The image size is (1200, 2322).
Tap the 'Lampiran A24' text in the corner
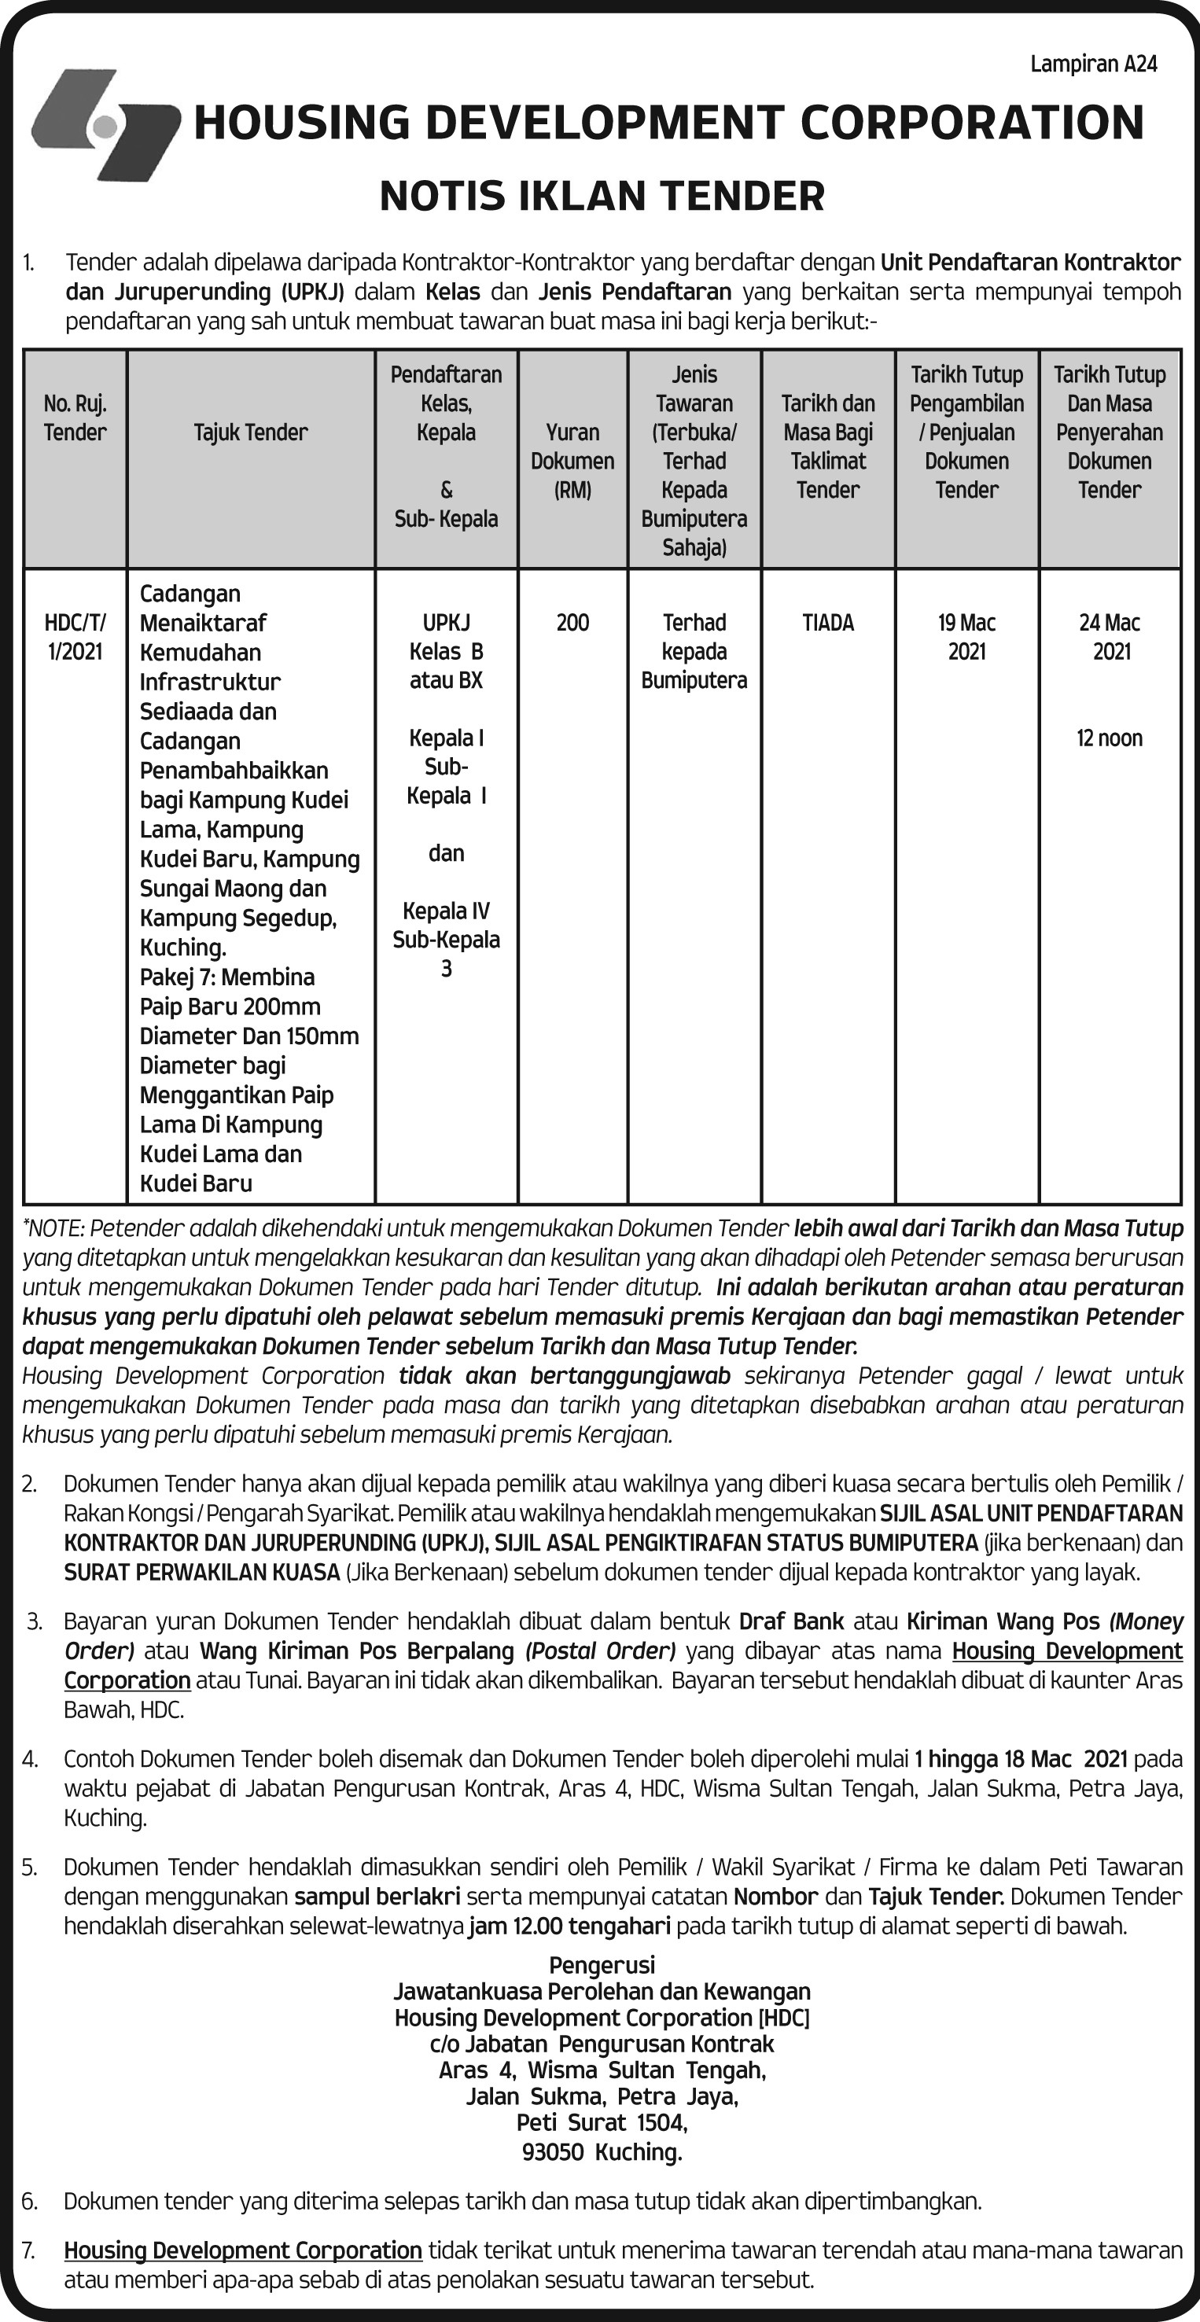[x=1093, y=64]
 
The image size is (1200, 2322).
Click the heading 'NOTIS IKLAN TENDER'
[x=602, y=197]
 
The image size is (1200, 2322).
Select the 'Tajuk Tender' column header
[x=251, y=432]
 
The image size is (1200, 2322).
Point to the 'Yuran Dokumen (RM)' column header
[x=572, y=461]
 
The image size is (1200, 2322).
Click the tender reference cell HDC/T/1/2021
[x=75, y=637]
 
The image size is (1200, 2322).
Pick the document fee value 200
[x=572, y=623]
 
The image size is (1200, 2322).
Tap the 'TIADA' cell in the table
[x=827, y=623]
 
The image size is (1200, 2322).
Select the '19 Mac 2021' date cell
[x=966, y=637]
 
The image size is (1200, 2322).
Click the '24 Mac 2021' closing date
[x=1110, y=637]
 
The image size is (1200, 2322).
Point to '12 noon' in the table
[x=1110, y=738]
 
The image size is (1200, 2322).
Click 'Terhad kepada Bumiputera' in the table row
[x=694, y=652]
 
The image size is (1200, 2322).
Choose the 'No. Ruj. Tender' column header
[x=75, y=418]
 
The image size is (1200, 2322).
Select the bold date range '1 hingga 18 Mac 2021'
[x=1021, y=1759]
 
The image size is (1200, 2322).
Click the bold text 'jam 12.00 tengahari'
[x=570, y=1926]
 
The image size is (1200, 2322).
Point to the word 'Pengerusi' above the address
[x=602, y=1965]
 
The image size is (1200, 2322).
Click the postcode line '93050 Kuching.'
[x=602, y=2151]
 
